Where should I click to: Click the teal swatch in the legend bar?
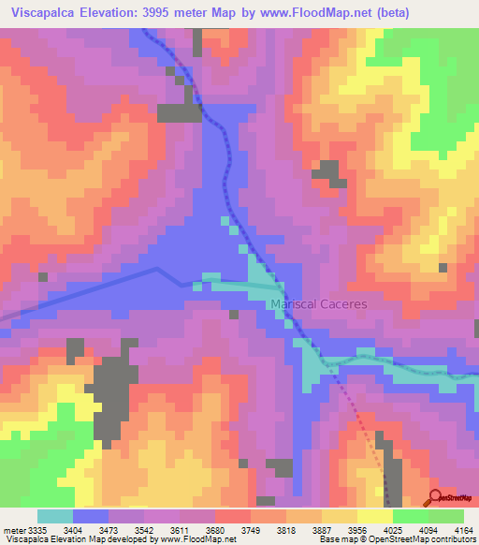[x=55, y=516]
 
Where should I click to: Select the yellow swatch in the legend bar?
[x=375, y=516]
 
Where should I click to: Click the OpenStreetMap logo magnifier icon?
[x=435, y=496]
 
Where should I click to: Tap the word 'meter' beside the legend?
[x=14, y=529]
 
